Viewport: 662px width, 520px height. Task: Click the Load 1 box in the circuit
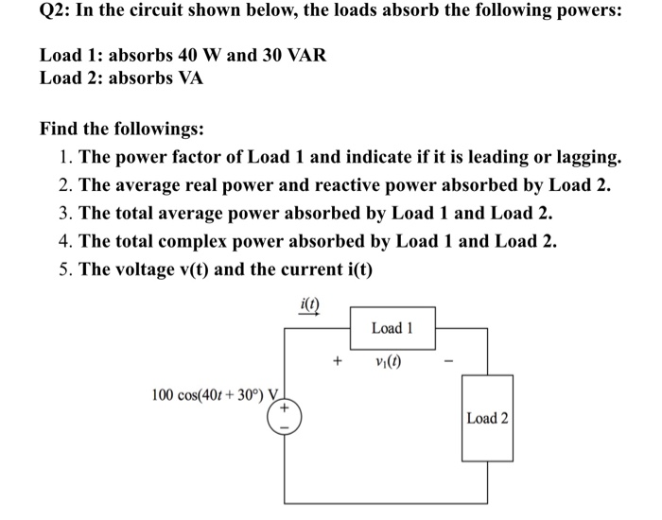pos(392,328)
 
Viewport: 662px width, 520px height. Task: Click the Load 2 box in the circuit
pos(487,418)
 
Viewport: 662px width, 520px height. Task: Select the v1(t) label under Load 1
pos(388,361)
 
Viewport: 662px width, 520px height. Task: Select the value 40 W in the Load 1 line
pos(200,56)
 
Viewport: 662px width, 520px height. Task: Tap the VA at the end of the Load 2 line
pos(189,78)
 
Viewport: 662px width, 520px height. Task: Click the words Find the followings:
pos(122,128)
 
